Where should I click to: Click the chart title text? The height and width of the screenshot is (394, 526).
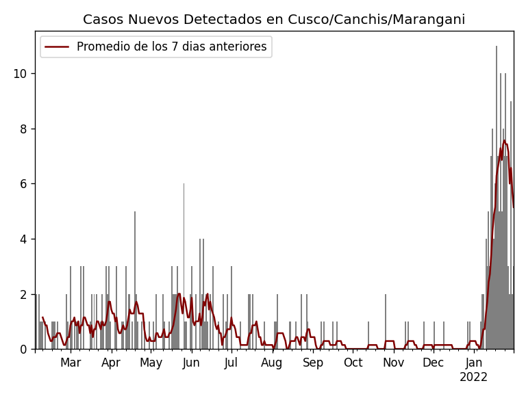click(x=274, y=20)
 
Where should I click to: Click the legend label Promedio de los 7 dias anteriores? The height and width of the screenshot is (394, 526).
click(x=171, y=47)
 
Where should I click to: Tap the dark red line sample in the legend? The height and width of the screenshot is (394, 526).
click(x=57, y=47)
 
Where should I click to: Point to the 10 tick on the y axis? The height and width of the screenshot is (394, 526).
click(x=21, y=74)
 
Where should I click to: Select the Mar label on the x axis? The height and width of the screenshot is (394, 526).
click(x=71, y=363)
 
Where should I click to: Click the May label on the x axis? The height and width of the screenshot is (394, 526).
click(x=151, y=363)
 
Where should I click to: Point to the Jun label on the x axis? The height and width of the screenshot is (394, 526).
click(x=191, y=363)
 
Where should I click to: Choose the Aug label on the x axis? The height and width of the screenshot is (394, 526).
click(x=272, y=363)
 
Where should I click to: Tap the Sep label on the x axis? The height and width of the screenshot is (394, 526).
click(x=313, y=363)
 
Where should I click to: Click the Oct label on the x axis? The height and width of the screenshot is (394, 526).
click(x=353, y=363)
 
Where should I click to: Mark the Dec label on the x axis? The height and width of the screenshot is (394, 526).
click(x=433, y=363)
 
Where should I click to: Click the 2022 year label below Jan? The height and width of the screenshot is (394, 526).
click(x=473, y=378)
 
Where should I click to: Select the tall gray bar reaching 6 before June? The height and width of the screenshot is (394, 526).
click(x=184, y=267)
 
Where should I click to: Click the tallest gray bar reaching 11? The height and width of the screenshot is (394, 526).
click(x=497, y=198)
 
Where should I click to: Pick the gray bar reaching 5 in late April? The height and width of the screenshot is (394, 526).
click(x=135, y=280)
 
